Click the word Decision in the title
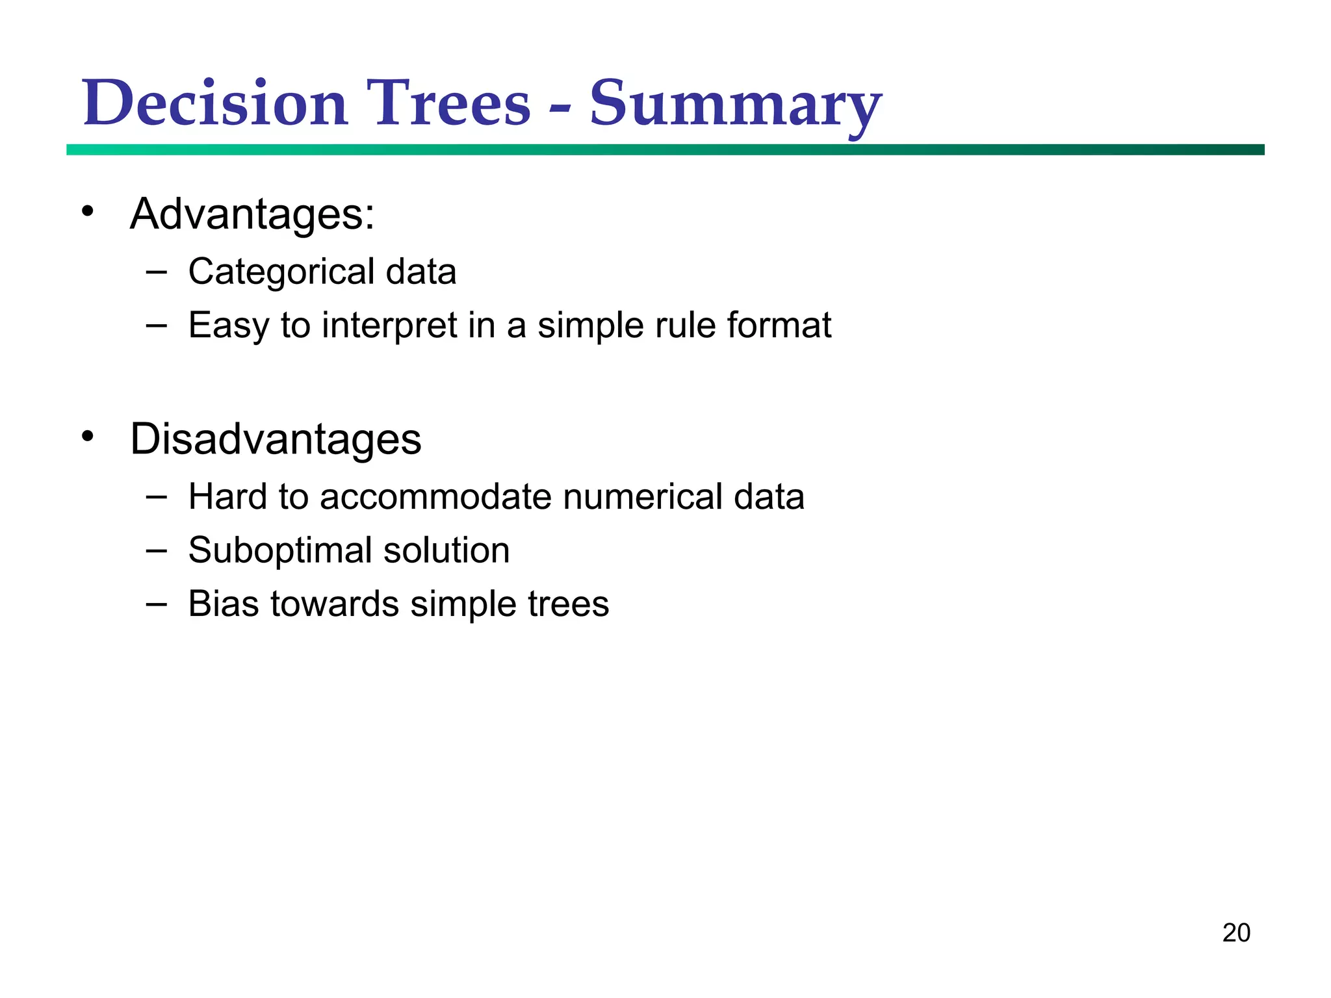[214, 104]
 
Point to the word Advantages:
[252, 214]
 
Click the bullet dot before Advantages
[88, 211]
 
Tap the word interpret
[389, 325]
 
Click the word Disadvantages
[276, 439]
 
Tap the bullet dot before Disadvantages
[88, 436]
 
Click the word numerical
[642, 497]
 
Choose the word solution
[446, 551]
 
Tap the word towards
[335, 604]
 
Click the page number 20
[1236, 933]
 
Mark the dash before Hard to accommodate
[156, 497]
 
